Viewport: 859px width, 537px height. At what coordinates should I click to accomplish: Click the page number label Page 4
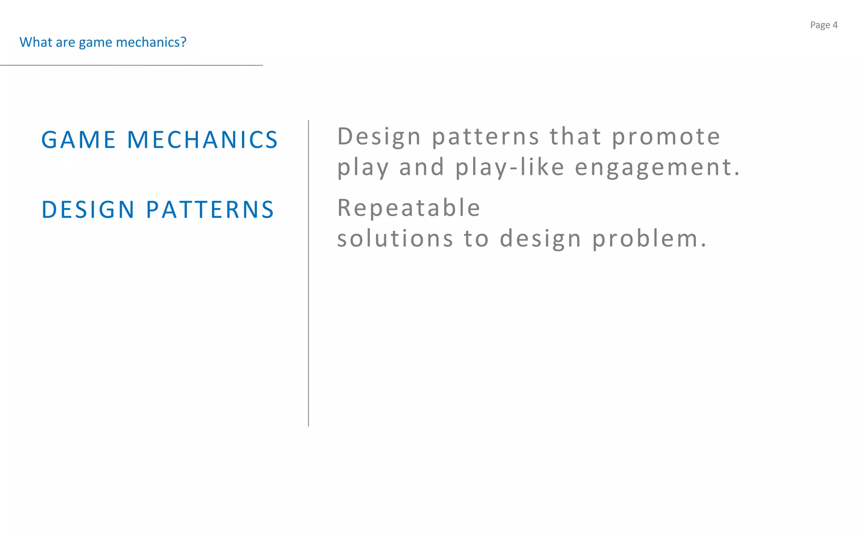[x=823, y=25]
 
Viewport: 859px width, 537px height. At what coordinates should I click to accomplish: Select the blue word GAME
[x=78, y=140]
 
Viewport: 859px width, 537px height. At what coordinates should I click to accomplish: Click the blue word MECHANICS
[x=202, y=140]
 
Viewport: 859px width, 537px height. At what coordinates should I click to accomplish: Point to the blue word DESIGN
[x=88, y=210]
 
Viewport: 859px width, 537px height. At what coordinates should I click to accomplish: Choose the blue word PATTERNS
[x=210, y=210]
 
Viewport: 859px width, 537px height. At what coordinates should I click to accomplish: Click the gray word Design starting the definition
[x=379, y=137]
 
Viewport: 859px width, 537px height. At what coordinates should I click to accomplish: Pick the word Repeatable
[x=409, y=208]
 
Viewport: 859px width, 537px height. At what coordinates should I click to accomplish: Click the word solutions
[x=395, y=239]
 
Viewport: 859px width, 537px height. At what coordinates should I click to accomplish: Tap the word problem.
[x=649, y=240]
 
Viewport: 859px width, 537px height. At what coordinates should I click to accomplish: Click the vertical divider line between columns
[x=308, y=273]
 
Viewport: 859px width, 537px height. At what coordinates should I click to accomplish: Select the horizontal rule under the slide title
[x=131, y=65]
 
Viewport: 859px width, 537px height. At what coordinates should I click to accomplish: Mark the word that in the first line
[x=575, y=137]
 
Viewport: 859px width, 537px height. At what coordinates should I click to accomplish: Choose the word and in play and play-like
[x=422, y=167]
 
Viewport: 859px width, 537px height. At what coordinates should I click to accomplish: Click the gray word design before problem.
[x=540, y=240]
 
